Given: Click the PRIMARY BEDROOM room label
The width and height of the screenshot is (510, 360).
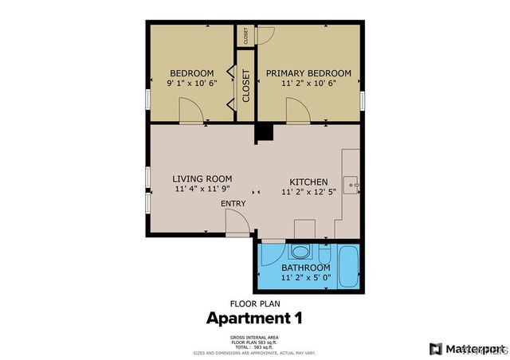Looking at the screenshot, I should pyautogui.click(x=308, y=72).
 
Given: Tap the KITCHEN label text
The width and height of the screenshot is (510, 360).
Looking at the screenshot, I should pyautogui.click(x=308, y=182).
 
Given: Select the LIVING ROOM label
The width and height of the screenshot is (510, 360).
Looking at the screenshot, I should pyautogui.click(x=202, y=178).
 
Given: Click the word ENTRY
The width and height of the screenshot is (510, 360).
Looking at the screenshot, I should pyautogui.click(x=233, y=204).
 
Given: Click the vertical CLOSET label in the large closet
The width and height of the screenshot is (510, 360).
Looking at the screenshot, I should pyautogui.click(x=246, y=85).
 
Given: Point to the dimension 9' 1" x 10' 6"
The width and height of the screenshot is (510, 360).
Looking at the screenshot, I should pyautogui.click(x=191, y=83).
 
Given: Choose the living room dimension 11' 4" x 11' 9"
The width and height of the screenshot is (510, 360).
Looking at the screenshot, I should pyautogui.click(x=202, y=190).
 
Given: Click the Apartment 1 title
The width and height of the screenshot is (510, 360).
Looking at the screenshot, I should pyautogui.click(x=254, y=319).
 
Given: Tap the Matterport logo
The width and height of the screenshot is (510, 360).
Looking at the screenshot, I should pyautogui.click(x=467, y=348).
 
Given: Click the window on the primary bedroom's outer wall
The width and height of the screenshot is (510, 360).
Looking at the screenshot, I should pyautogui.click(x=362, y=101).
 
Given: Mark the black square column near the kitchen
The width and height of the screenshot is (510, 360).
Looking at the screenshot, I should pyautogui.click(x=264, y=133).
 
